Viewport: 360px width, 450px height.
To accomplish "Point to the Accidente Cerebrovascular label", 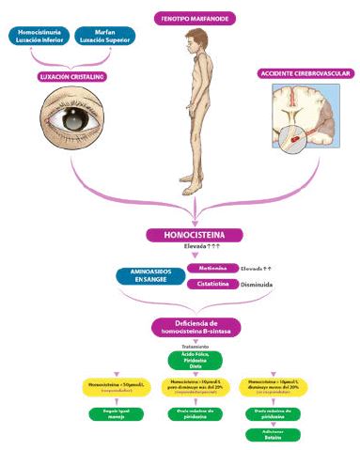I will click(x=303, y=73).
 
